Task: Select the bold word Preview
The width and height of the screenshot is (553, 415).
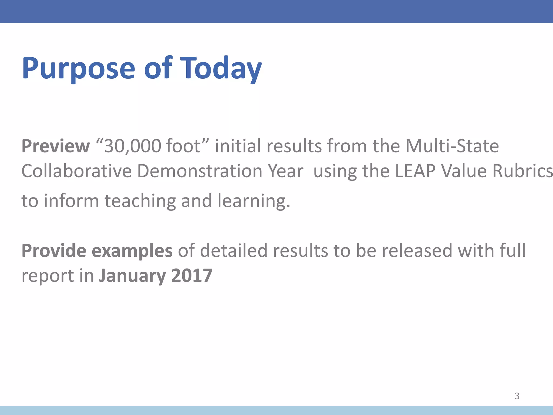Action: (56, 146)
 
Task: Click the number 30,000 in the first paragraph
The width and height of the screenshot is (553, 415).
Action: (133, 146)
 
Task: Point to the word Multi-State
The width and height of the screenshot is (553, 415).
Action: (452, 146)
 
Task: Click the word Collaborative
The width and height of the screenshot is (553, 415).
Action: (76, 171)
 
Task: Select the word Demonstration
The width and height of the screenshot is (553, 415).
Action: (200, 171)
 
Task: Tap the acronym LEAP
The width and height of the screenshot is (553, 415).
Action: (415, 171)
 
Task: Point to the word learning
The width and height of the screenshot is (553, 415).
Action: (254, 201)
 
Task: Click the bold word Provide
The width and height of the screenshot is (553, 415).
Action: (54, 250)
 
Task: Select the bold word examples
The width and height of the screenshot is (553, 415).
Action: (132, 251)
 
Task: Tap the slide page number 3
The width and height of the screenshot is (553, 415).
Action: (517, 396)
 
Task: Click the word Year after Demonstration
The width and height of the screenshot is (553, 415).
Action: (285, 171)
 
